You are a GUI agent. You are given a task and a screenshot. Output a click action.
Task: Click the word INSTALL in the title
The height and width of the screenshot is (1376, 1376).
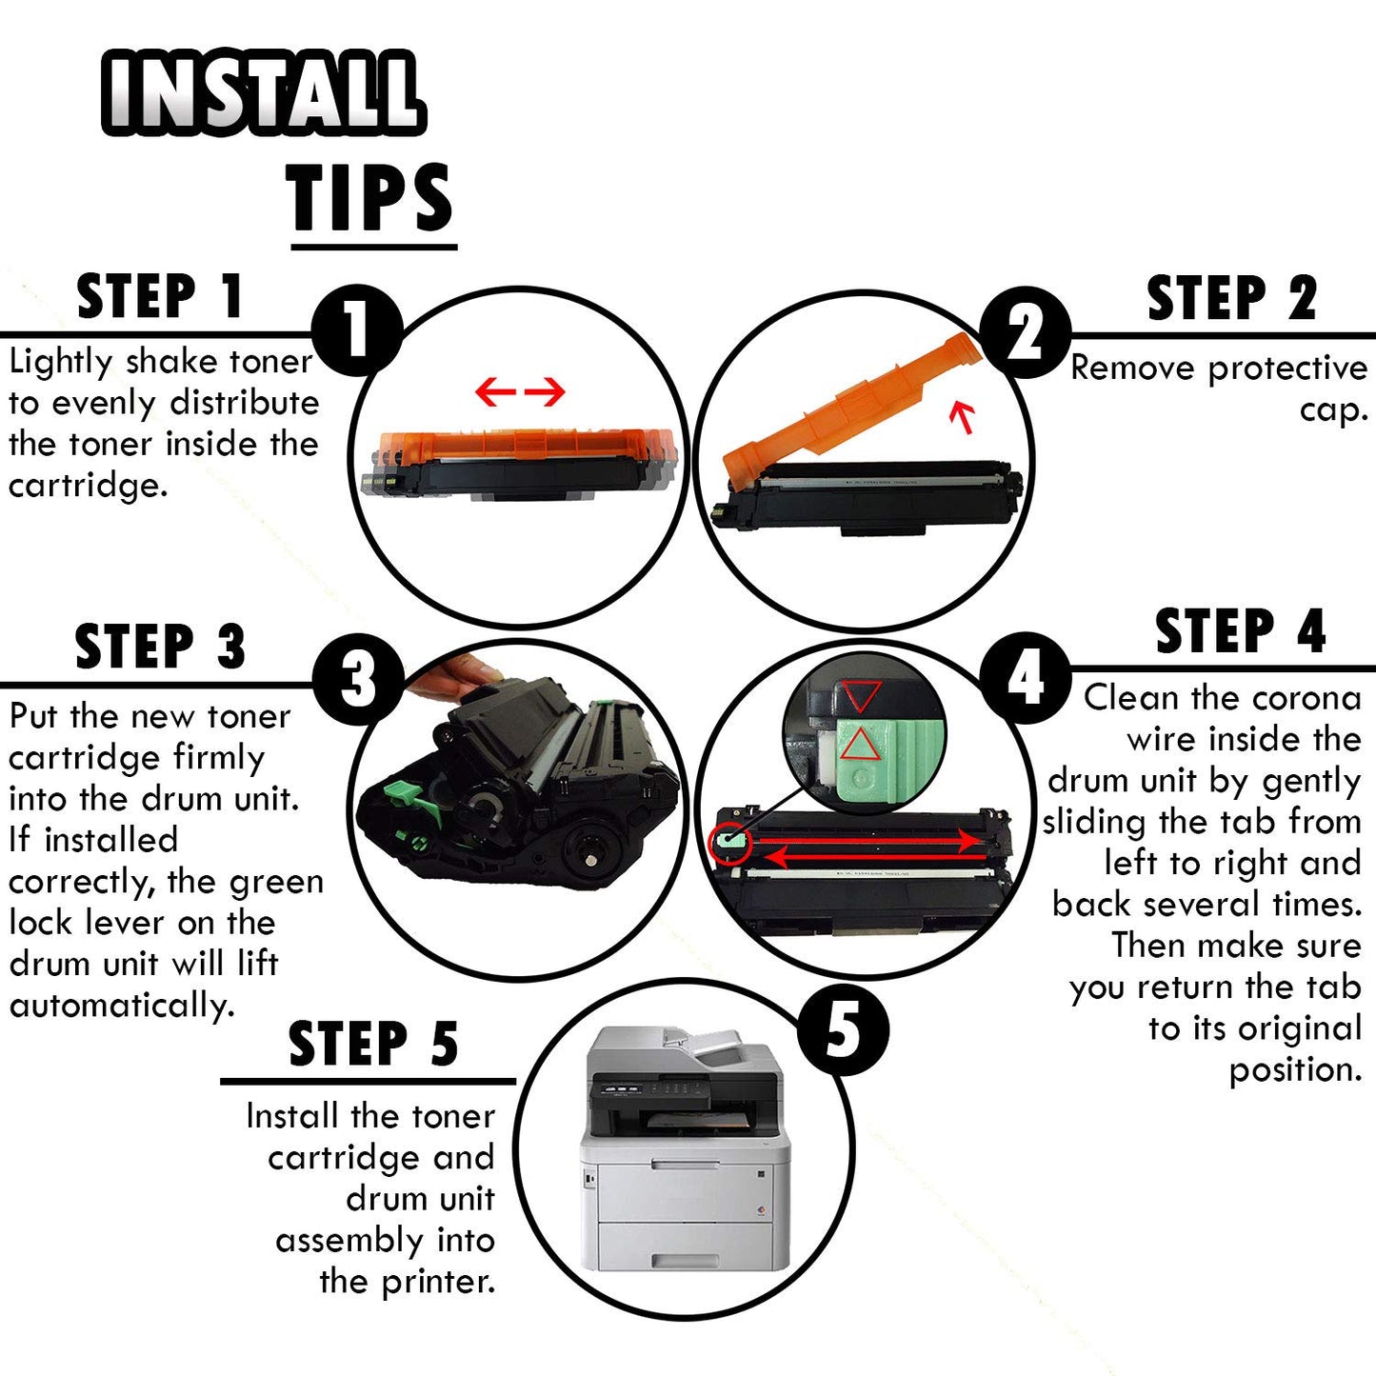pos(264,92)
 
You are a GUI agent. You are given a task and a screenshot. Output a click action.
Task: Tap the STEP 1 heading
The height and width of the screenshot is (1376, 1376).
pos(160,295)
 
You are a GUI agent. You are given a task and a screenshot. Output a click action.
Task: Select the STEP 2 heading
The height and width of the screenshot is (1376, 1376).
pos(1232,298)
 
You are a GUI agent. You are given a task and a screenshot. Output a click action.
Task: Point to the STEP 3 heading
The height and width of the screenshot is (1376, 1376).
pos(160,646)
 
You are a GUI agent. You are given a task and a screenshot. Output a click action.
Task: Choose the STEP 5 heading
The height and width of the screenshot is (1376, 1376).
pos(372,1044)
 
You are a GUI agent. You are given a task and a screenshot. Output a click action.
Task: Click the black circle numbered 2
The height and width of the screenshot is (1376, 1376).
pos(1026,332)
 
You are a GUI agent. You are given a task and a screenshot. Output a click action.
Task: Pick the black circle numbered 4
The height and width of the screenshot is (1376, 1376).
pos(1026,678)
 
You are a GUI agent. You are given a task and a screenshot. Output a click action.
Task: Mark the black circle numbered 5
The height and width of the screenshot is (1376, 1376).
pos(844,1029)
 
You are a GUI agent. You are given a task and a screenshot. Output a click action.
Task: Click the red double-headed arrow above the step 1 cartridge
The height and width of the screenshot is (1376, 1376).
pos(520,391)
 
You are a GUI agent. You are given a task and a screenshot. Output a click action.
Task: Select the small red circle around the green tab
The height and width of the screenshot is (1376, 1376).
pos(729,844)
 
